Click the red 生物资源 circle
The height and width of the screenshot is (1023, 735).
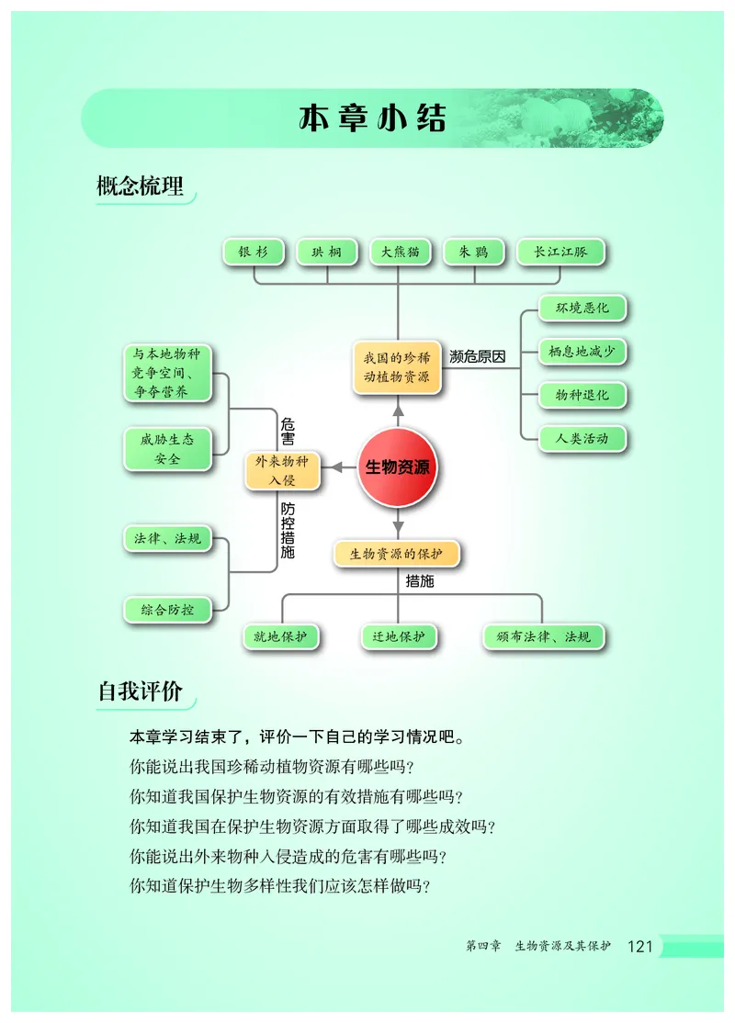[398, 467]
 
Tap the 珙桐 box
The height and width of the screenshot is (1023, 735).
[326, 253]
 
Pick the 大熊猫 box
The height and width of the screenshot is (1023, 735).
[400, 253]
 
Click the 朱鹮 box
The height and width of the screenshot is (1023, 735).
[473, 253]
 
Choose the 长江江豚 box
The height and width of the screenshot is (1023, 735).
[560, 253]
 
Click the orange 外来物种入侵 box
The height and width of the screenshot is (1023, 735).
[282, 470]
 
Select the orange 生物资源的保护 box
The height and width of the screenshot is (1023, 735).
[396, 554]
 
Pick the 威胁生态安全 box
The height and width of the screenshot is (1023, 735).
[167, 449]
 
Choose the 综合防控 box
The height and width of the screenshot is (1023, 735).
[167, 609]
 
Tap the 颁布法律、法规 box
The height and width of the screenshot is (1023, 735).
[544, 636]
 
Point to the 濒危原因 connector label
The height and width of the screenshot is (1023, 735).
[478, 356]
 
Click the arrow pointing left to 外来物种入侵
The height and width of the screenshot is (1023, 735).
[341, 467]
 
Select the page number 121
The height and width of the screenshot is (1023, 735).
[639, 947]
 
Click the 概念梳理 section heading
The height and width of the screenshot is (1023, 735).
[141, 186]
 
